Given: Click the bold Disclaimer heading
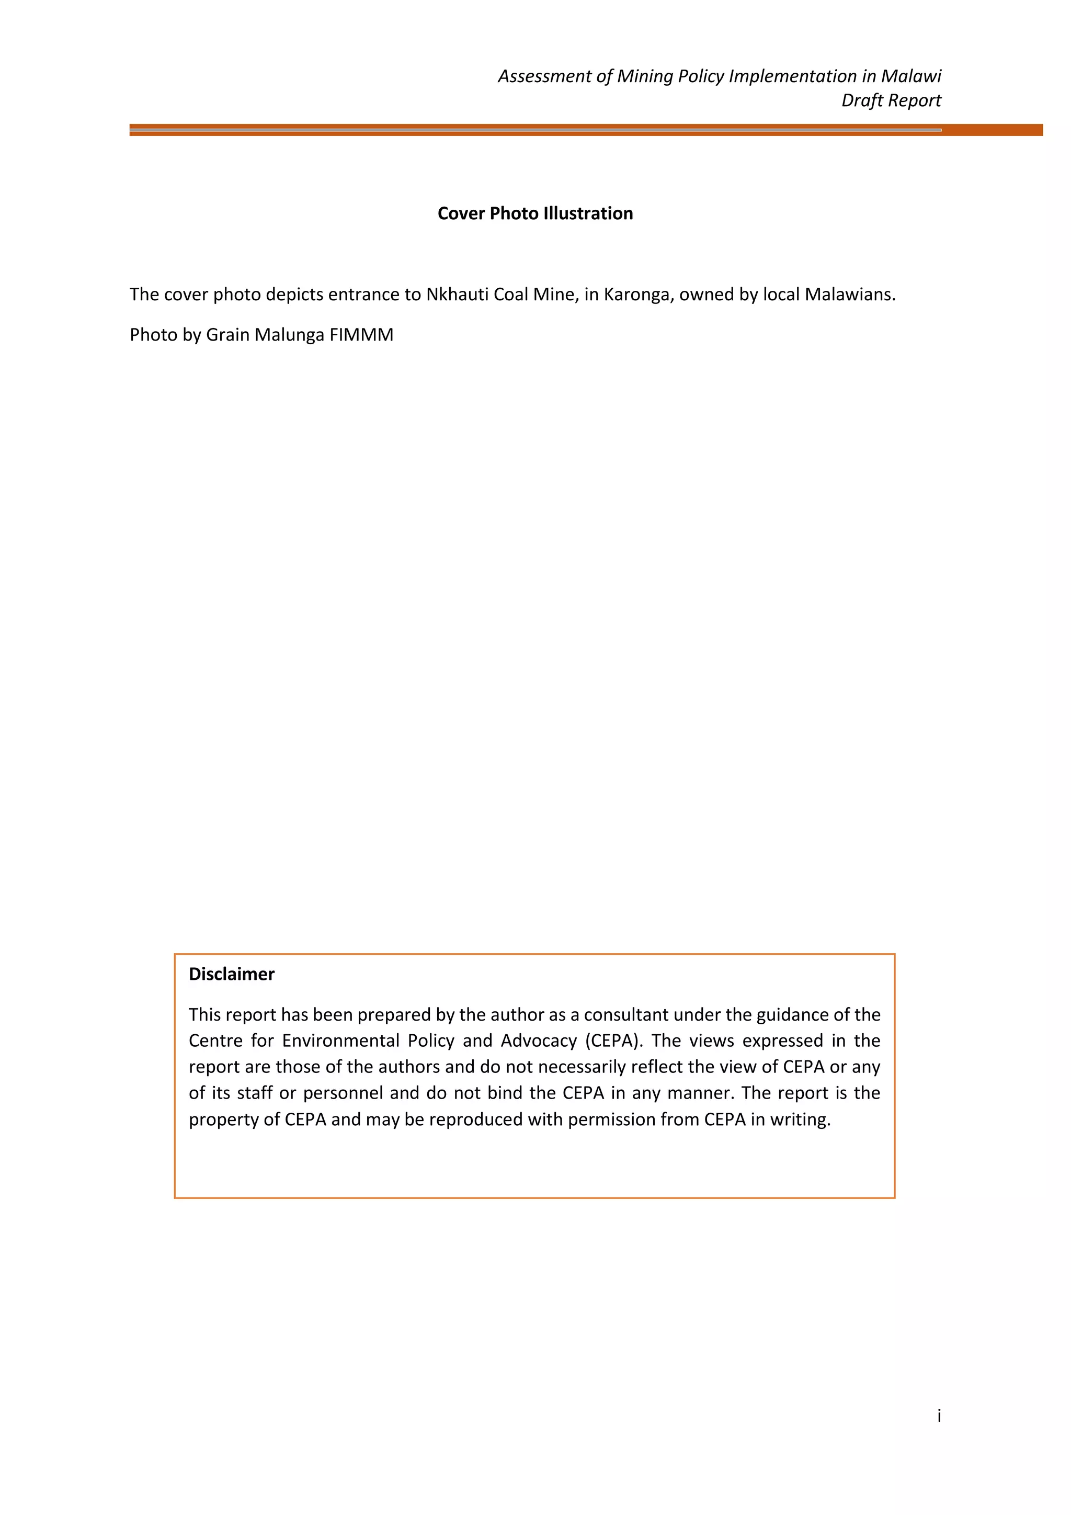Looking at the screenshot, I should click(232, 974).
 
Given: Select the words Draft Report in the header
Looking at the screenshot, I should click(891, 100).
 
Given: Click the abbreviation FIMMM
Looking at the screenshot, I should click(361, 335).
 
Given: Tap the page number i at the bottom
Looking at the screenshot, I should click(939, 1416).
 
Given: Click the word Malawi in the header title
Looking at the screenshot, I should click(912, 76).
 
